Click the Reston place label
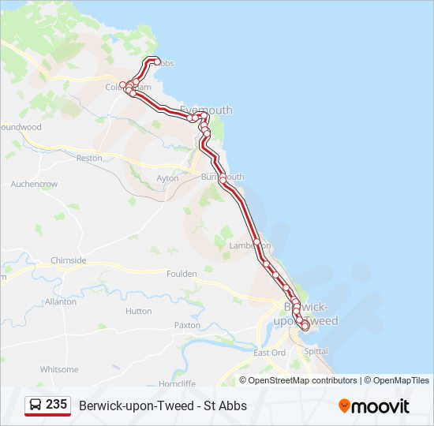tap(89, 159)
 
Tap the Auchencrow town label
tap(34, 184)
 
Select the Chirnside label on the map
tap(68, 260)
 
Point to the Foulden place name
tap(181, 274)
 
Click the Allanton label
tap(61, 301)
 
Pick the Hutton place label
tap(138, 312)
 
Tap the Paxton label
tap(187, 325)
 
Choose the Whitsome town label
tap(59, 369)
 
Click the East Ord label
tap(269, 353)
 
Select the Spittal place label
tap(316, 351)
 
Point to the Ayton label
tap(167, 178)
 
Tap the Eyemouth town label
tap(207, 110)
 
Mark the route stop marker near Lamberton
tap(257, 241)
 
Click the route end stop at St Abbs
tap(157, 62)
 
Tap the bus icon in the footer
tap(36, 405)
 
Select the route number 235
tap(56, 405)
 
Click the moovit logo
tap(374, 406)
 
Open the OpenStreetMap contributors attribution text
tap(302, 380)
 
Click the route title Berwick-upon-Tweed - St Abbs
tap(163, 405)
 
